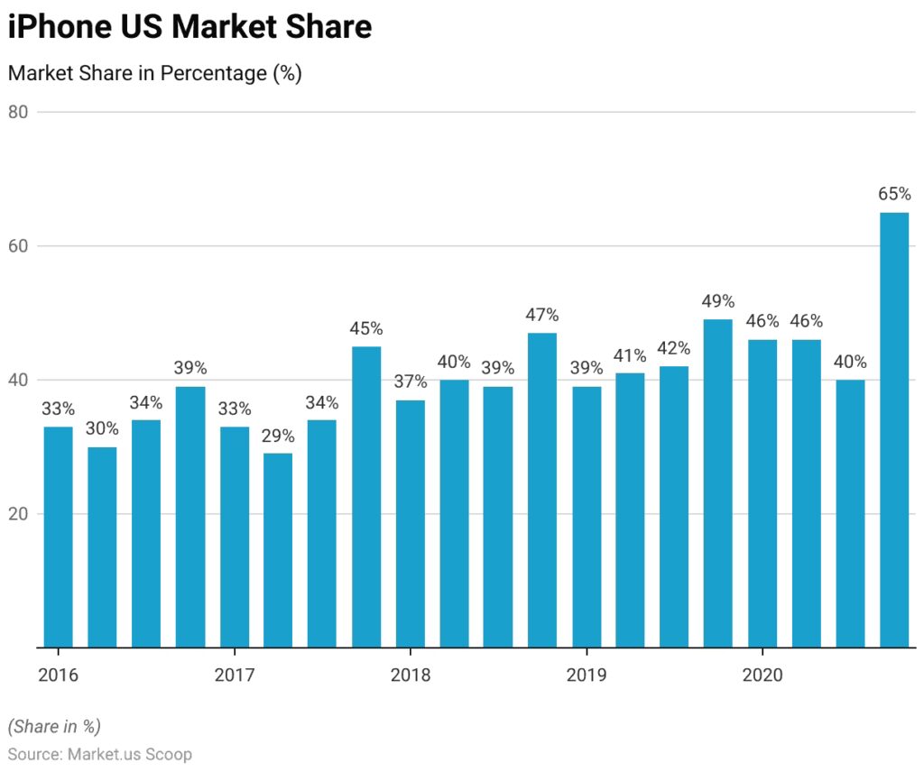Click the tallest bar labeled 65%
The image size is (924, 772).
(894, 429)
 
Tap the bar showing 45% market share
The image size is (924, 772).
(366, 497)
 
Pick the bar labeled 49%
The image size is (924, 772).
(718, 483)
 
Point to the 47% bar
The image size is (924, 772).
(542, 490)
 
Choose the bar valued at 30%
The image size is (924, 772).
(102, 547)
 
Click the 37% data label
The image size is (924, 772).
(411, 381)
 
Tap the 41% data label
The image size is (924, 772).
(630, 354)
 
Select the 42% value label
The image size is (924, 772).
(674, 348)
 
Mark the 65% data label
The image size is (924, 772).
(894, 194)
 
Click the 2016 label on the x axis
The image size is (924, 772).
(59, 675)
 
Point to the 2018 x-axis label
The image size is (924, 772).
(411, 675)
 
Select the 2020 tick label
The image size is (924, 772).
(762, 675)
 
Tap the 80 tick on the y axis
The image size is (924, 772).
(19, 112)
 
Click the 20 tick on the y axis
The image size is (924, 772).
(19, 514)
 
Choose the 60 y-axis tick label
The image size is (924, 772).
(19, 246)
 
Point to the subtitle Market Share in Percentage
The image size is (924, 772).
(154, 74)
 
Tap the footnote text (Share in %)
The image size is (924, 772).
(54, 726)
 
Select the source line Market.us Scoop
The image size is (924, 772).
(100, 754)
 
